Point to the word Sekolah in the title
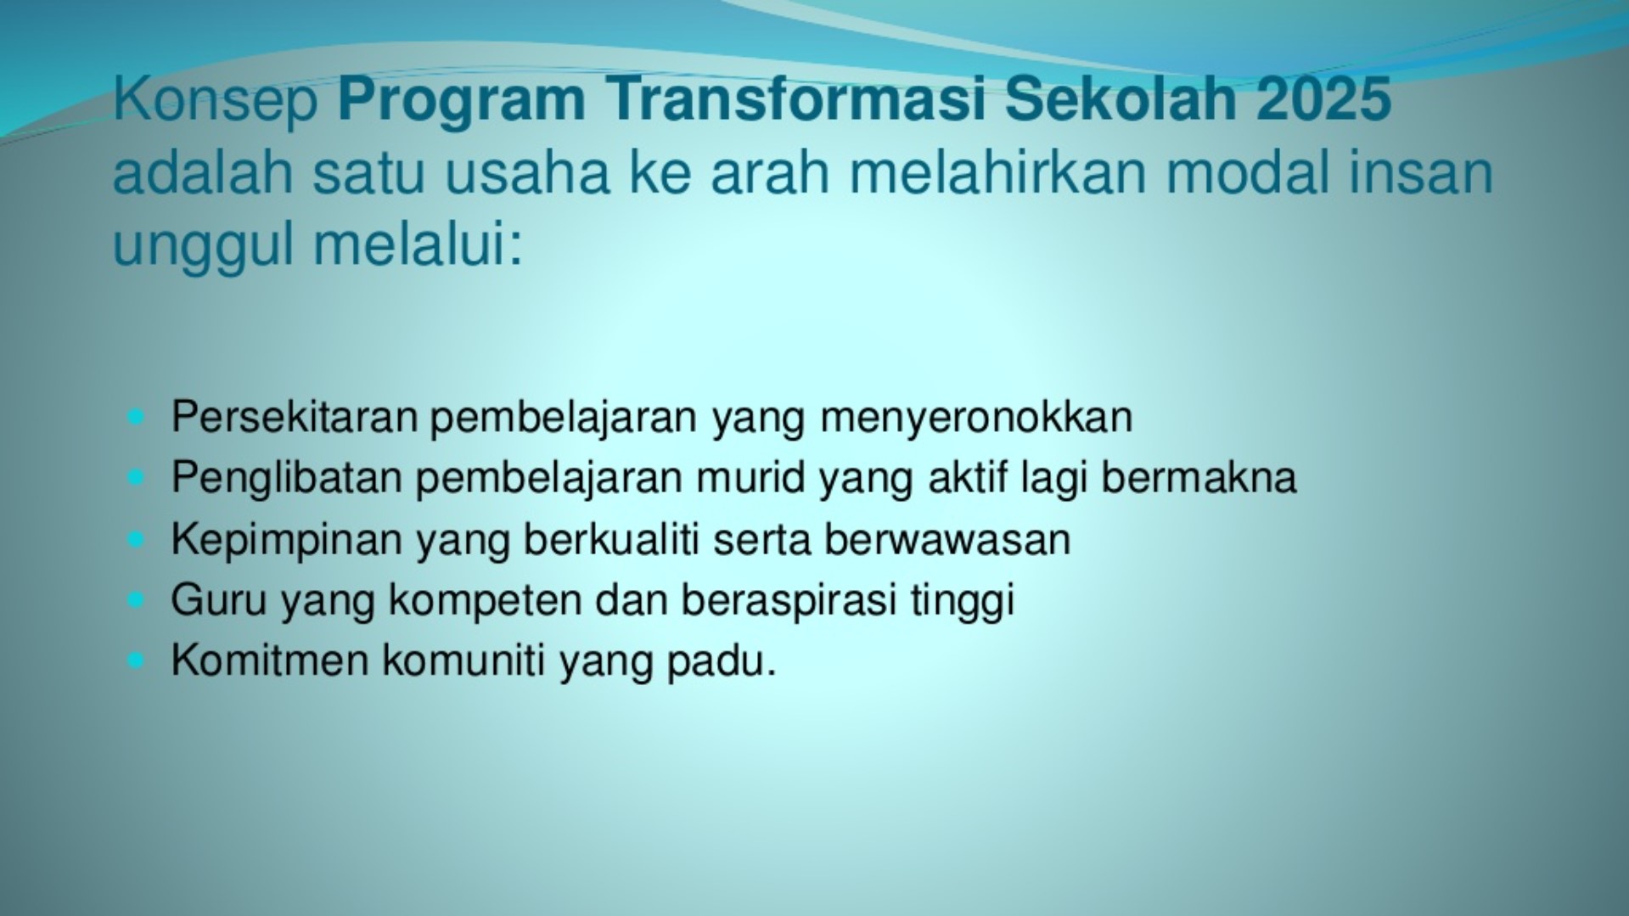1122,99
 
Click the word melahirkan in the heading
998,172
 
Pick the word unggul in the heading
205,246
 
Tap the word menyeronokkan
976,417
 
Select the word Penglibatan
286,477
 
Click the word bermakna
1199,477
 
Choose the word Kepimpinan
286,539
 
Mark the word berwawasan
947,539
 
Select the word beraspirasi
789,600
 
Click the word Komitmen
269,660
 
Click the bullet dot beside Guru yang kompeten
136,600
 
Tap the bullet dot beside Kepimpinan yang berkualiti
136,539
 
